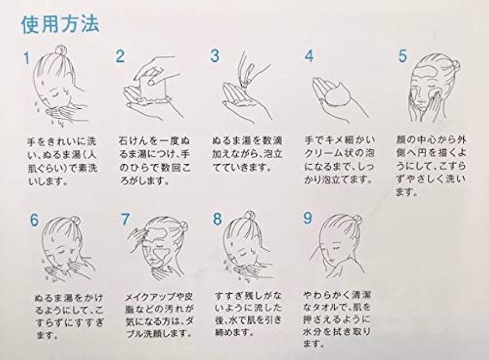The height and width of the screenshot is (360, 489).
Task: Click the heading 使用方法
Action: [x=60, y=24]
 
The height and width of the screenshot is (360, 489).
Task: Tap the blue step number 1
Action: [x=27, y=58]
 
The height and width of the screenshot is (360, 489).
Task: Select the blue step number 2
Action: [x=120, y=56]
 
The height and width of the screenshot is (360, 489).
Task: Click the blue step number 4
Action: [x=309, y=56]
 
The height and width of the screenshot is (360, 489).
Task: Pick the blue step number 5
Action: [x=403, y=56]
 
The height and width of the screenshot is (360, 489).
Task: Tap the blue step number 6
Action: [x=34, y=220]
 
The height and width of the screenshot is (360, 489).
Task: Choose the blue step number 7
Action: [x=125, y=219]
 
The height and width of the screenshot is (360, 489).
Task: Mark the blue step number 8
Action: [x=217, y=219]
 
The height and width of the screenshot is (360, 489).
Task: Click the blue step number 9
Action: [x=307, y=218]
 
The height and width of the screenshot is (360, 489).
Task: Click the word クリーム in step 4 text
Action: [x=325, y=153]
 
